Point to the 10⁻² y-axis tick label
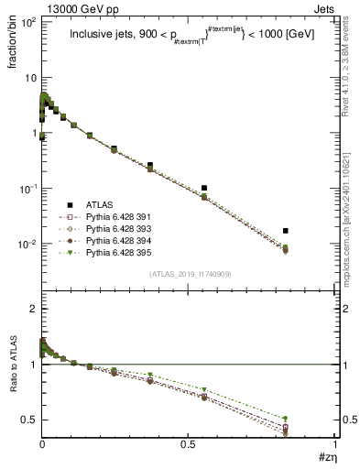point(28,245)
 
